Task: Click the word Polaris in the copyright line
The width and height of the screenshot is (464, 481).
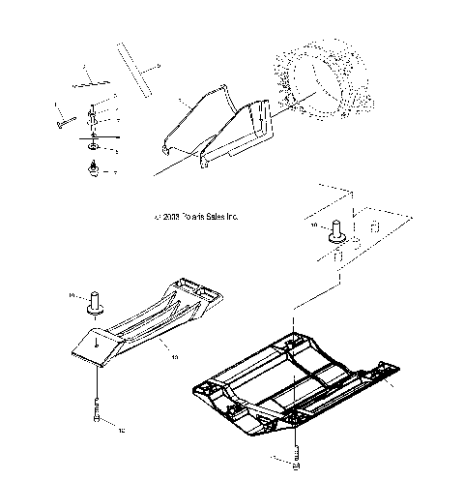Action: [183, 217]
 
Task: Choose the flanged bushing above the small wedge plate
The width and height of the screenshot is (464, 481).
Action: [97, 301]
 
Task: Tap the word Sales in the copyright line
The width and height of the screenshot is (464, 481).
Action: [212, 217]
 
